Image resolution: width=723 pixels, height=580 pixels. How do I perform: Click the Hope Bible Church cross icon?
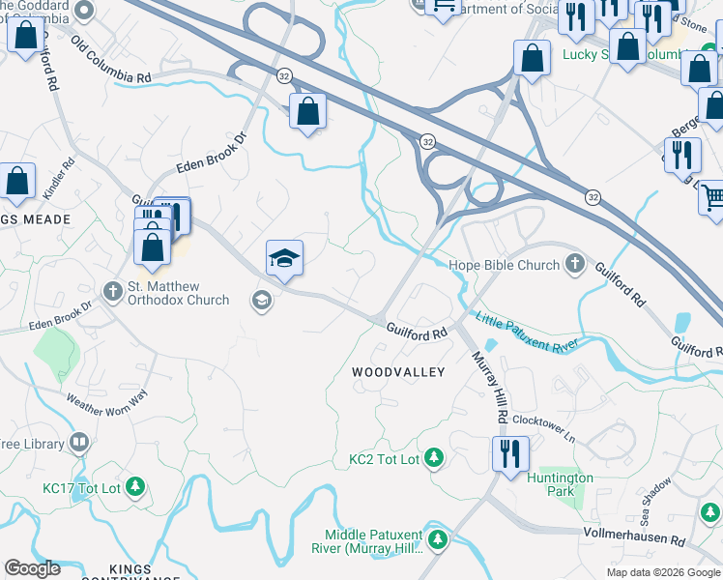(575, 264)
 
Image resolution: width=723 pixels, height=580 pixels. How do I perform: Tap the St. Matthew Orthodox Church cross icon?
(114, 290)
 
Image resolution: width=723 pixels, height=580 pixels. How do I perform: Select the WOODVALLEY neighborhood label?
(398, 372)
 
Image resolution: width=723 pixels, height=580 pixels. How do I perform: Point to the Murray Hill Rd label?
(491, 388)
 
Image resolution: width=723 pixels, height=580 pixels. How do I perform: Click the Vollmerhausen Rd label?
(635, 533)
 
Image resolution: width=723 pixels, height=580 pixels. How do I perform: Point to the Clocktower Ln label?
(543, 428)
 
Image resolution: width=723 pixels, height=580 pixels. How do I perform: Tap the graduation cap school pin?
(285, 258)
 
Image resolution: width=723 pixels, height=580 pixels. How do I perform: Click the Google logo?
(33, 568)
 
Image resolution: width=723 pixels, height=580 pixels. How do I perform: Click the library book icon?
(79, 444)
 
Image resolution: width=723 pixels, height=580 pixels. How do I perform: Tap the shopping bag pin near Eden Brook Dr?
(307, 111)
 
